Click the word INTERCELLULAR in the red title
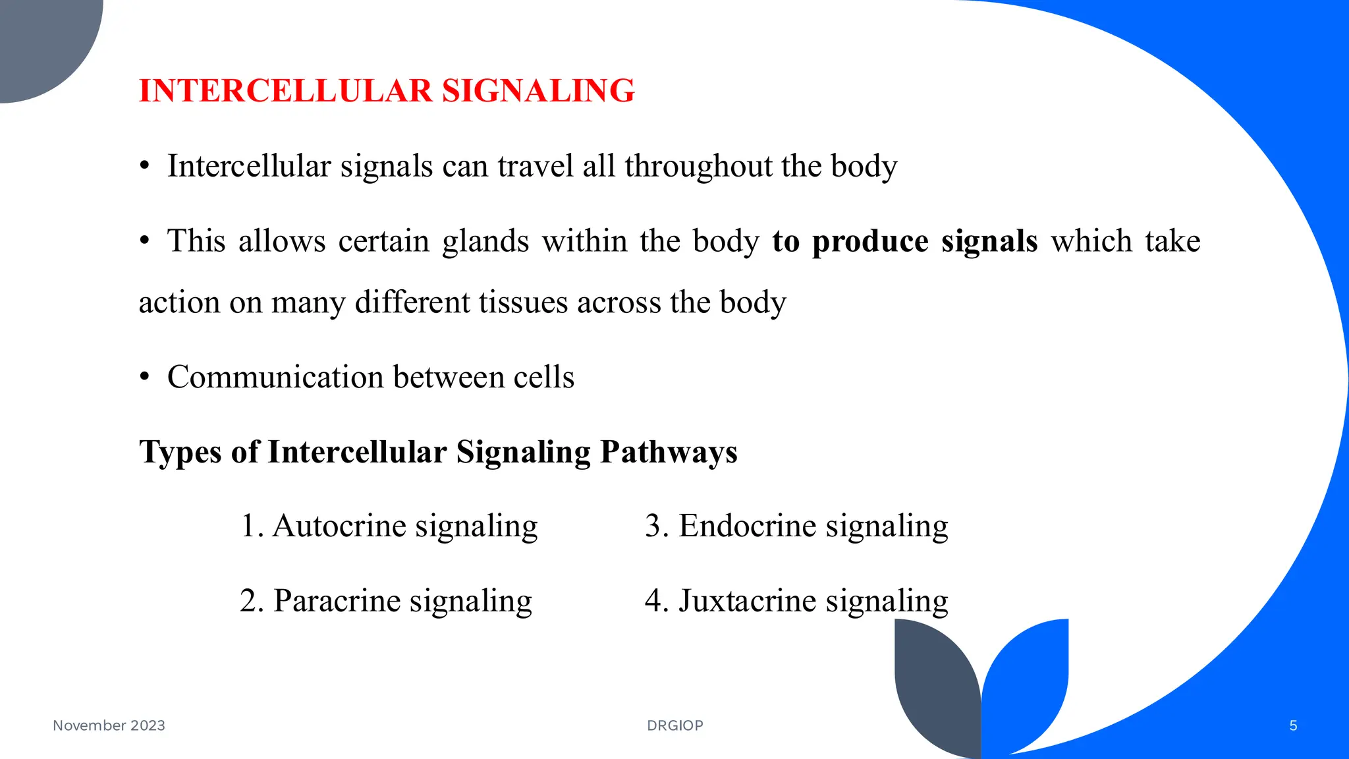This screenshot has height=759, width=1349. click(285, 91)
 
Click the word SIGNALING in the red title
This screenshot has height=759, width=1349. click(538, 91)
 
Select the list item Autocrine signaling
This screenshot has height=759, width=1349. click(389, 526)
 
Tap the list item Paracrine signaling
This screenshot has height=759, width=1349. click(386, 601)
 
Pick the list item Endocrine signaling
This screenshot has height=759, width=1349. click(796, 526)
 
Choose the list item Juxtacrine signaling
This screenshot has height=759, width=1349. click(796, 601)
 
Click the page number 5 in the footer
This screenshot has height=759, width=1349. click(1293, 725)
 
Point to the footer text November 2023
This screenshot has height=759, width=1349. click(109, 725)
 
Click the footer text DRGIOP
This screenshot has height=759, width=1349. click(675, 725)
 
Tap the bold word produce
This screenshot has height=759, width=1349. click(870, 241)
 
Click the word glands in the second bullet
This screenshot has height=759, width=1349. click(485, 241)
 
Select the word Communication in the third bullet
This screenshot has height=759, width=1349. click(275, 378)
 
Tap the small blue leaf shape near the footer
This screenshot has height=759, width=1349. click(1028, 679)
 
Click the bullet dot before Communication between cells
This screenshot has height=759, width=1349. click(145, 378)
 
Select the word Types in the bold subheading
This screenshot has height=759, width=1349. click(180, 453)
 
